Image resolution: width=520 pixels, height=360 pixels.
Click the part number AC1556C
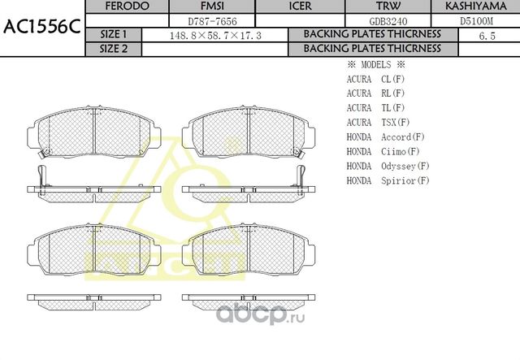click(41, 26)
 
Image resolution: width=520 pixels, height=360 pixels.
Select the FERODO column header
click(128, 6)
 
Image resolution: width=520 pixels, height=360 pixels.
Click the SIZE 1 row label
click(113, 34)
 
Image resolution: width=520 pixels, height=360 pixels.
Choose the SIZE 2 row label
click(113, 48)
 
